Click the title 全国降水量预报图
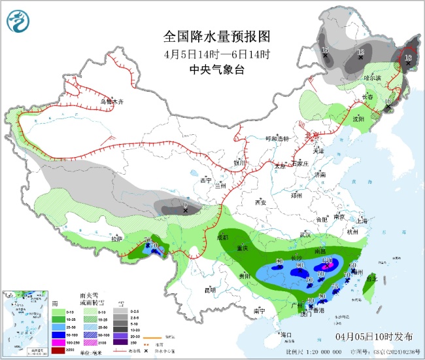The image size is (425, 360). click(216, 36)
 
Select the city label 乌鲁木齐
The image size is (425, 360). click(111, 101)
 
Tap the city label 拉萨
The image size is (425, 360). click(116, 239)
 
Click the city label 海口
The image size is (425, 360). click(285, 334)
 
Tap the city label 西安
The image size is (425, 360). click(260, 202)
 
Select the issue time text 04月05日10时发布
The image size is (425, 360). click(374, 336)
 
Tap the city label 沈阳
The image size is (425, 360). click(358, 119)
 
